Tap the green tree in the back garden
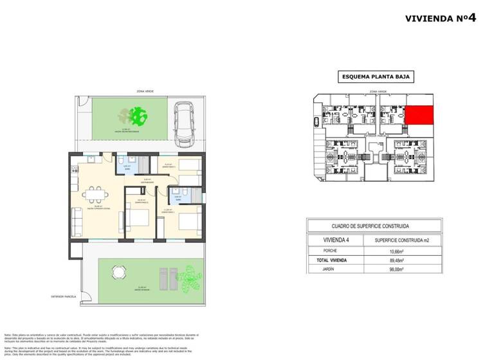tap(137, 116)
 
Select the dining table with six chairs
tap(95, 194)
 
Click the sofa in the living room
tap(77, 222)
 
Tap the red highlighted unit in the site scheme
tap(419, 115)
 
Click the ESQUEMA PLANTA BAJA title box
tap(376, 77)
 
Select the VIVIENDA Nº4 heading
tap(441, 18)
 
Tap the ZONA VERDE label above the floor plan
tap(145, 92)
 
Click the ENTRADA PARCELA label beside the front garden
tap(64, 296)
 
